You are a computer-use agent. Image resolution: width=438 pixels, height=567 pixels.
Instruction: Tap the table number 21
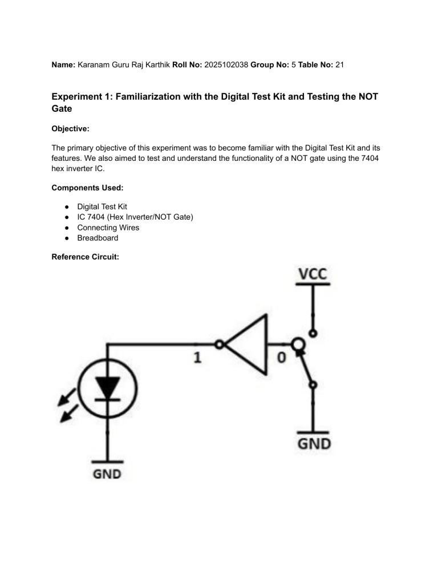pos(339,65)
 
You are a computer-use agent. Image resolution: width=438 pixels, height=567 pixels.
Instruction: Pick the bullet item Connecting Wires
pos(108,228)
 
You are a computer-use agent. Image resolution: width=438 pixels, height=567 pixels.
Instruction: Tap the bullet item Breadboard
pos(98,238)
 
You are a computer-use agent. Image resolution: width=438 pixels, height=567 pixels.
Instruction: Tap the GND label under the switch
pos(313,443)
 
